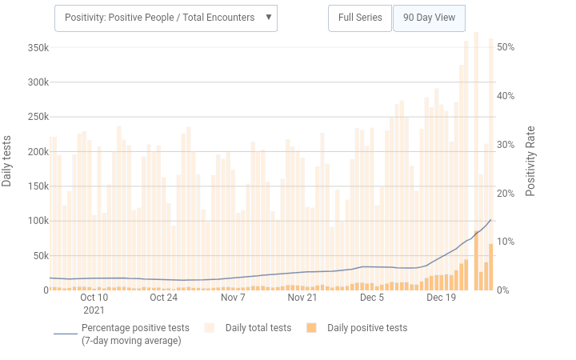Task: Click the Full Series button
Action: pyautogui.click(x=360, y=18)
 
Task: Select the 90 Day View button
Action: pyautogui.click(x=430, y=18)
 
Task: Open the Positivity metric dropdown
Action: pyautogui.click(x=166, y=18)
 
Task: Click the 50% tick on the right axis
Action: pyautogui.click(x=506, y=47)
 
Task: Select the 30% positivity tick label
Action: pyautogui.click(x=506, y=145)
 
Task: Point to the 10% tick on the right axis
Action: pyautogui.click(x=506, y=242)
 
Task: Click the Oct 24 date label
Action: pyautogui.click(x=163, y=297)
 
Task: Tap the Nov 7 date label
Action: pyautogui.click(x=233, y=297)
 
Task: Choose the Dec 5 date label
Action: pyautogui.click(x=372, y=297)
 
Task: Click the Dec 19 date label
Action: pyautogui.click(x=442, y=297)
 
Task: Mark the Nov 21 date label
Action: pyautogui.click(x=302, y=297)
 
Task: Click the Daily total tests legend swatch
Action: pyautogui.click(x=210, y=328)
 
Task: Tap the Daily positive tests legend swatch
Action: pyautogui.click(x=312, y=328)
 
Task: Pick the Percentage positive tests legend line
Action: pyautogui.click(x=66, y=334)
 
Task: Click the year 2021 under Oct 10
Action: pyautogui.click(x=94, y=309)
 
